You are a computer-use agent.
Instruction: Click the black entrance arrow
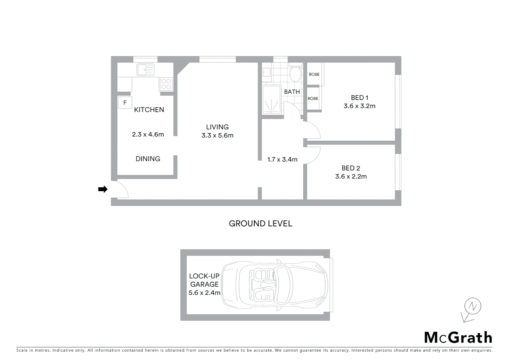click(103, 189)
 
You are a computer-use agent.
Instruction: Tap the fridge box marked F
click(125, 103)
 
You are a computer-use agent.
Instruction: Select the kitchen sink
click(146, 70)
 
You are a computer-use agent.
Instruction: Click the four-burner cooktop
click(166, 84)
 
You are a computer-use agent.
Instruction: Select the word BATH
click(292, 92)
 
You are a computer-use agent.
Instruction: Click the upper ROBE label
click(314, 74)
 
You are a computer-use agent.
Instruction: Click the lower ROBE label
click(313, 99)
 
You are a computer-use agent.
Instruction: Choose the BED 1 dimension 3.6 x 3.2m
click(359, 106)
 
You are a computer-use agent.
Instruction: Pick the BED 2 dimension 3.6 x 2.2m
click(351, 177)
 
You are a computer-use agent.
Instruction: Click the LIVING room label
click(217, 127)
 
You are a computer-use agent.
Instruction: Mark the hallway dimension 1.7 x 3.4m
click(282, 160)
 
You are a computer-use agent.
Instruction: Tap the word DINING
click(148, 159)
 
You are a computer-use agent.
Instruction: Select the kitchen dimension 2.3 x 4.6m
click(148, 135)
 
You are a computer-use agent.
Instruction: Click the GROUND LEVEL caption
click(260, 224)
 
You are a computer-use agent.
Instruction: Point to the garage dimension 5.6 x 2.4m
click(204, 293)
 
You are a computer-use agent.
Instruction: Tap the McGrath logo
click(458, 338)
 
